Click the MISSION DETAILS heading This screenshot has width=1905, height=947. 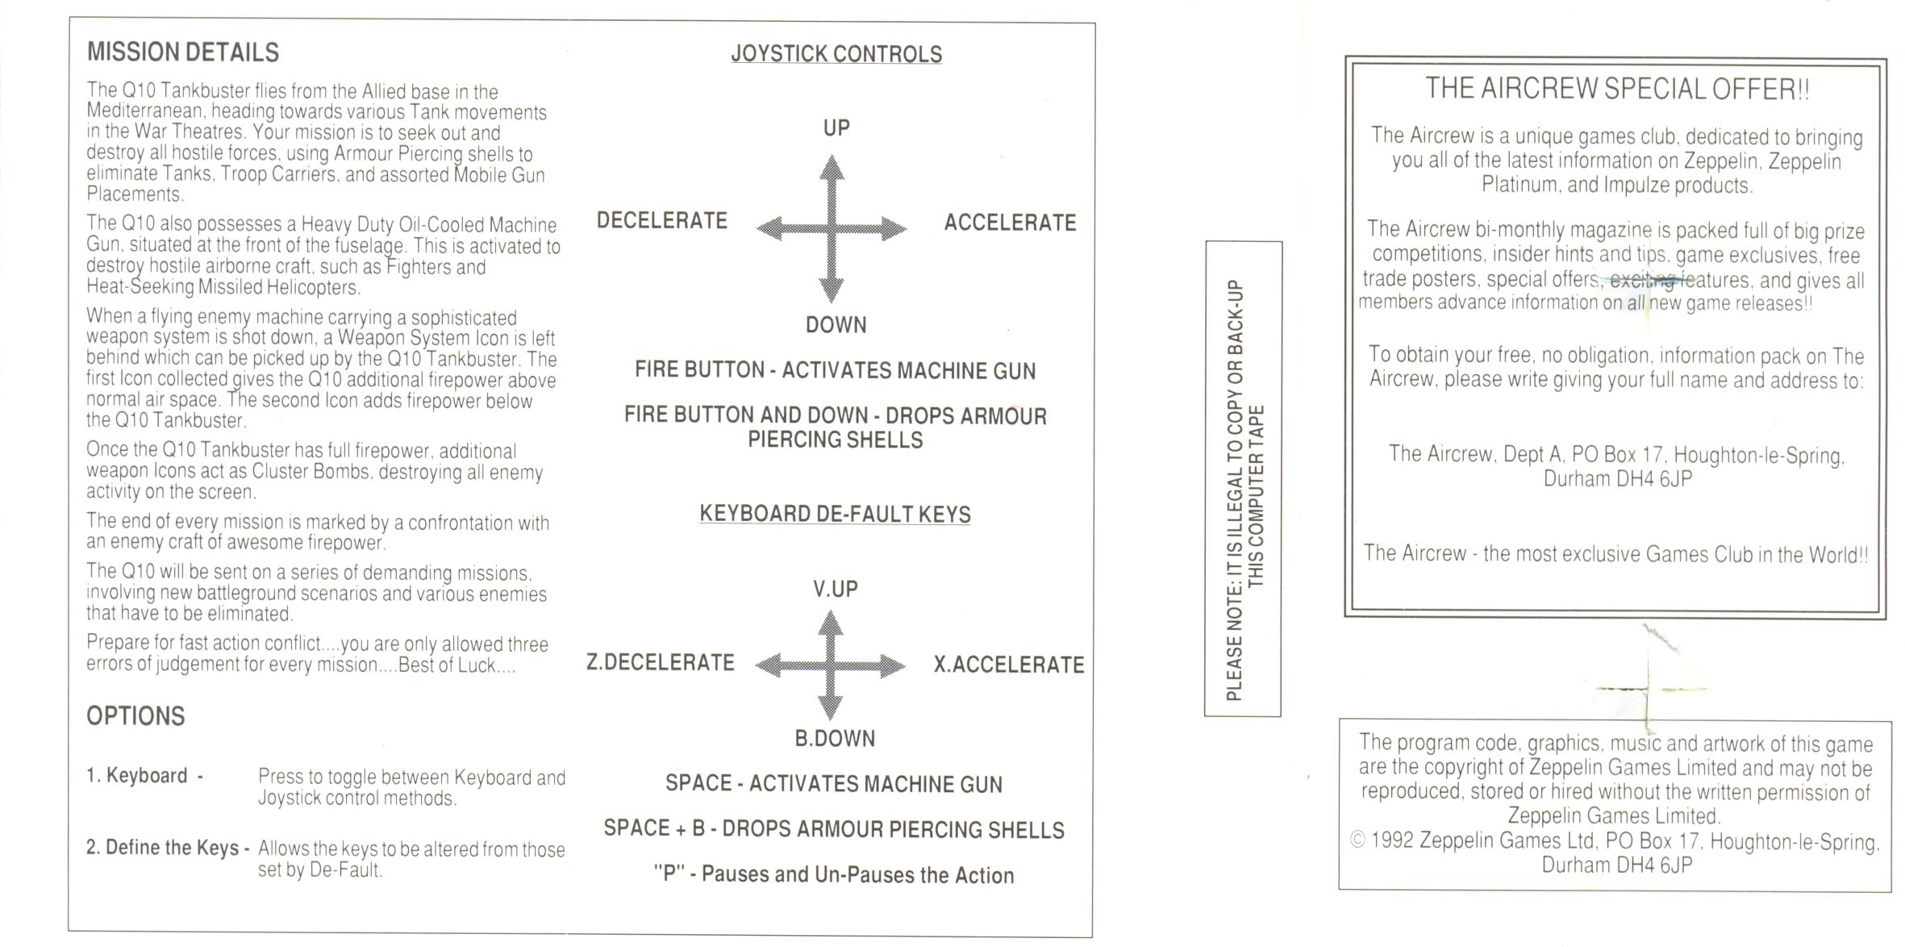click(x=183, y=52)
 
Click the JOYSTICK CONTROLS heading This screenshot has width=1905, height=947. click(x=836, y=54)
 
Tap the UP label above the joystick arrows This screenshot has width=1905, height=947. click(x=836, y=127)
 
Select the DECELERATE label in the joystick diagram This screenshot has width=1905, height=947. click(x=662, y=220)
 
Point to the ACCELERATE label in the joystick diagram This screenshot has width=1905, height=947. click(x=1010, y=222)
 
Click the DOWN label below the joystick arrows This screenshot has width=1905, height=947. click(x=836, y=324)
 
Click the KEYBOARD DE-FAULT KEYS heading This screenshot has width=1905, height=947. click(x=836, y=514)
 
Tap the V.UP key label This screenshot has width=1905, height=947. click(x=836, y=589)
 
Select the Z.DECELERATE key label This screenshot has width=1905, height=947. click(x=661, y=662)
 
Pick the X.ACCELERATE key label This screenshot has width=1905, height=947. click(x=1009, y=664)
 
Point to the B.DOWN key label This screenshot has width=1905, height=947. click(x=835, y=738)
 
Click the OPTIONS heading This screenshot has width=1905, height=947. click(x=135, y=716)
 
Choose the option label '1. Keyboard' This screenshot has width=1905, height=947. click(x=137, y=775)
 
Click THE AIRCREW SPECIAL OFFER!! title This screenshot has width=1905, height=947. click(x=1617, y=89)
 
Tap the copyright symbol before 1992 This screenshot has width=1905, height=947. click(x=1358, y=841)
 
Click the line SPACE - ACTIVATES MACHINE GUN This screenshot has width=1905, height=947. click(x=834, y=784)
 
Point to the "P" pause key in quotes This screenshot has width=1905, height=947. click(x=668, y=874)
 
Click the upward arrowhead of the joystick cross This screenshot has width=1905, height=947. click(x=832, y=167)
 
